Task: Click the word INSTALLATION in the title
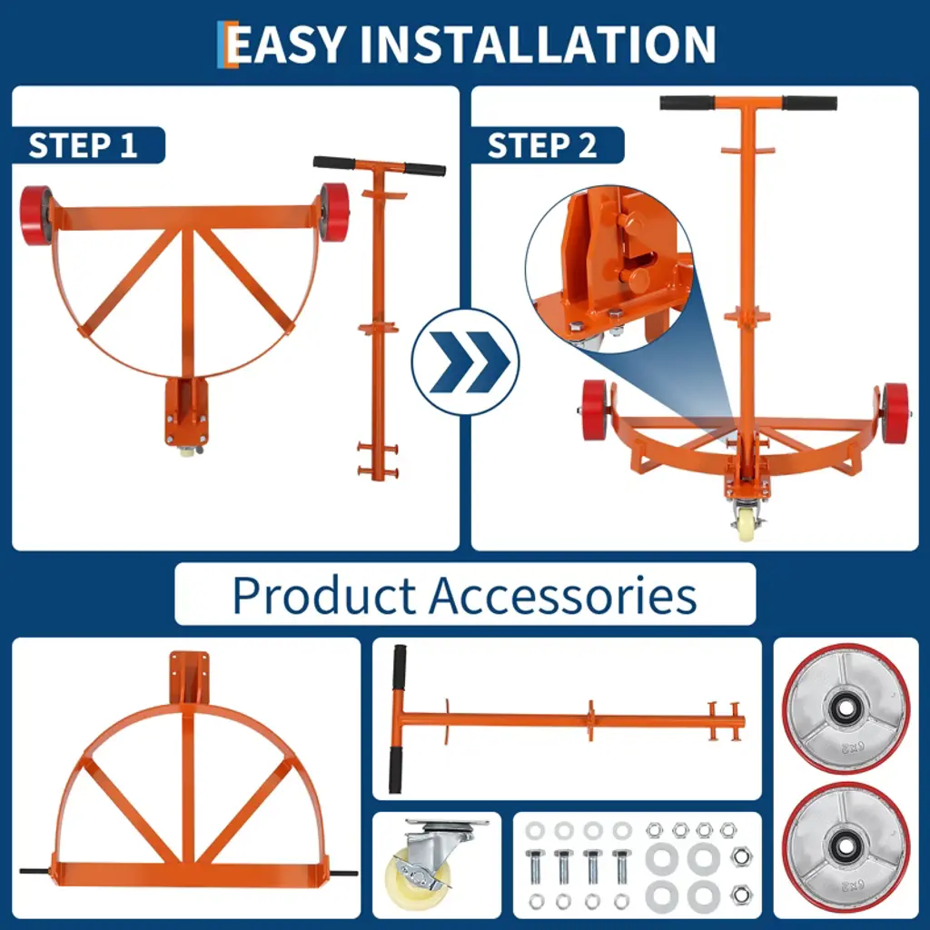click(538, 44)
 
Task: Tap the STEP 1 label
click(83, 145)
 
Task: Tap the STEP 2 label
click(542, 145)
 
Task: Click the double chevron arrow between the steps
click(466, 361)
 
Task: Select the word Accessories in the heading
click(563, 595)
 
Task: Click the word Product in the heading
click(324, 595)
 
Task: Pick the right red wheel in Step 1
click(334, 212)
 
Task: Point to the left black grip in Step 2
click(688, 104)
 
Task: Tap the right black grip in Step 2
click(809, 104)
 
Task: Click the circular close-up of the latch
click(609, 270)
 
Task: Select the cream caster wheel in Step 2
click(747, 526)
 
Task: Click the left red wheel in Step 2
click(595, 411)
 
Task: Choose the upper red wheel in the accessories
click(846, 708)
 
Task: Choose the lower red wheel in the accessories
click(846, 846)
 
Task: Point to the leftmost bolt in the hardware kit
click(534, 867)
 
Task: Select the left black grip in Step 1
click(334, 163)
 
